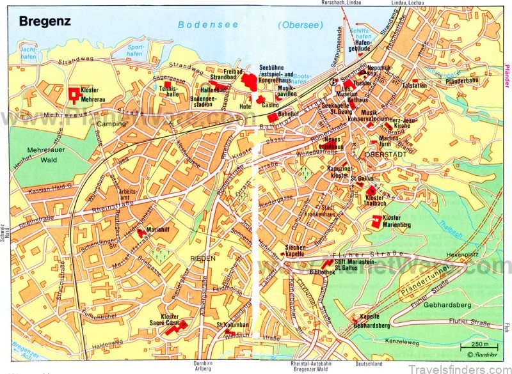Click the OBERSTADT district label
coord(381,155)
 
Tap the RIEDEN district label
coord(202,258)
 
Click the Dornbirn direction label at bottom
coord(203,364)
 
